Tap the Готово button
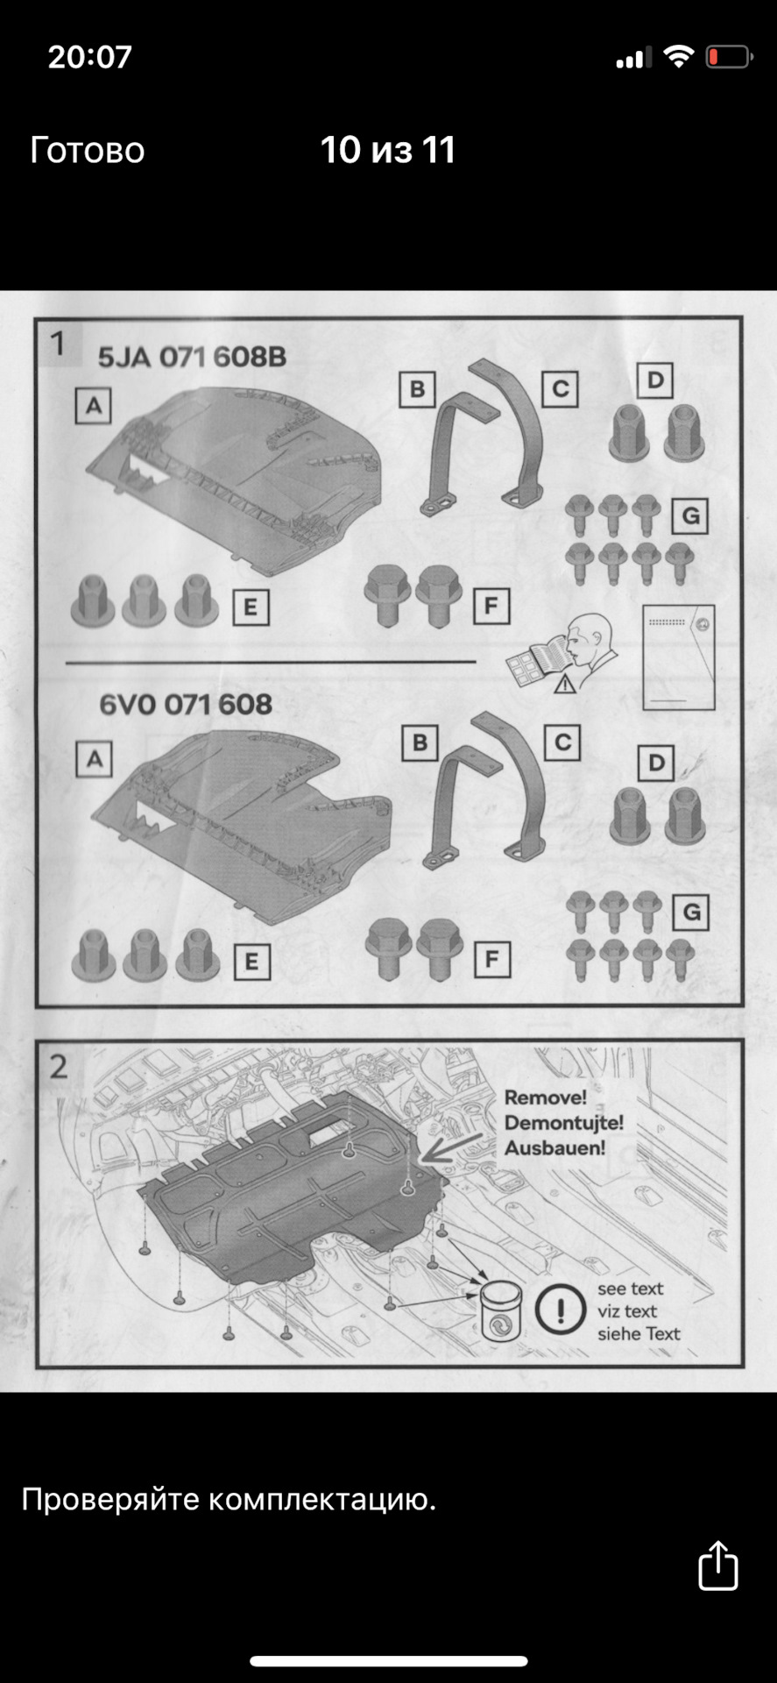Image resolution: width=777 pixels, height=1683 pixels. (x=88, y=150)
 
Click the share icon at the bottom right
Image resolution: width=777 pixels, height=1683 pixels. (x=717, y=1565)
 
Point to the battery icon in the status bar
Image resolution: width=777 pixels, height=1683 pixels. (x=728, y=58)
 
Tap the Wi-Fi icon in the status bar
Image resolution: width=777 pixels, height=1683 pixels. (x=678, y=57)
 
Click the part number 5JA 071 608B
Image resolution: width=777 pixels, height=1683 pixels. (x=192, y=357)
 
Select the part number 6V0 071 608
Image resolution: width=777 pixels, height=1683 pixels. (x=186, y=704)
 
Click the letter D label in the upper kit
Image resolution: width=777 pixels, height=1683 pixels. (x=654, y=380)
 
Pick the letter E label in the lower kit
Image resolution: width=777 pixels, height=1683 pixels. (x=251, y=962)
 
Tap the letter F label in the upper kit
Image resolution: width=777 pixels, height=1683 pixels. (x=491, y=605)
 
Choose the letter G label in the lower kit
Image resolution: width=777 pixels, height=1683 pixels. (x=691, y=913)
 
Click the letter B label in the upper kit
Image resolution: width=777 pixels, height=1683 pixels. (x=417, y=389)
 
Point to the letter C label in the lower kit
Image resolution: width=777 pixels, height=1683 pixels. (x=562, y=742)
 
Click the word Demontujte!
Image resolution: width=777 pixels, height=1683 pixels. (x=564, y=1122)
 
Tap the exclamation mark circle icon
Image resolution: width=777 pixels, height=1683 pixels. (x=561, y=1310)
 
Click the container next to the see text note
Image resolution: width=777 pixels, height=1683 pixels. (x=501, y=1310)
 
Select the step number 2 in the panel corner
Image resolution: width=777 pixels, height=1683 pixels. (x=58, y=1067)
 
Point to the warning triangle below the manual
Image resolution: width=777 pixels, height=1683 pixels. (x=565, y=683)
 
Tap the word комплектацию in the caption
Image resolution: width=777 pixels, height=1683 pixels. (x=321, y=1500)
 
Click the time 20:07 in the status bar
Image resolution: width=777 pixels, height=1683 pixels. (x=89, y=57)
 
